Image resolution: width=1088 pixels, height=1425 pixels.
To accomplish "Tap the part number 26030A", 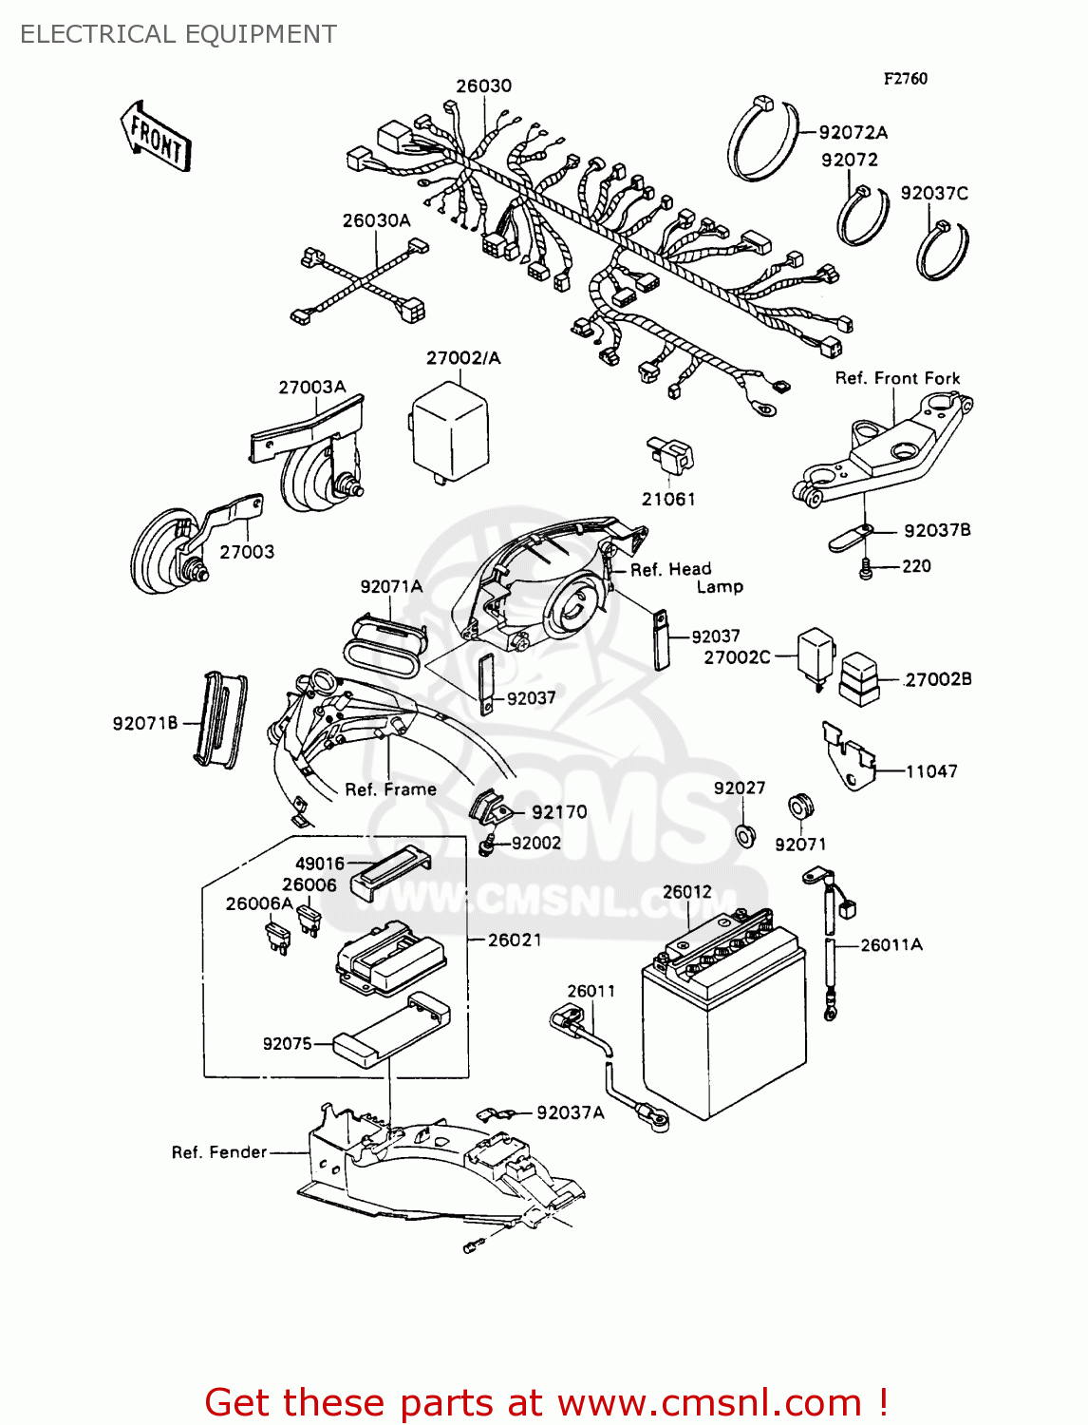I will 376,220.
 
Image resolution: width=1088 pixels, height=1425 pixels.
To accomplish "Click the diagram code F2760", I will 905,79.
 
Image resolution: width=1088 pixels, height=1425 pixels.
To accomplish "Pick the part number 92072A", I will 853,132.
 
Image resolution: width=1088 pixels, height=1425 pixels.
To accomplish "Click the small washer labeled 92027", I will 746,836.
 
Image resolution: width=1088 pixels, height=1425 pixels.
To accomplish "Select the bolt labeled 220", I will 865,569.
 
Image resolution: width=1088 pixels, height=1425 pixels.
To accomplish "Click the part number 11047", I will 930,771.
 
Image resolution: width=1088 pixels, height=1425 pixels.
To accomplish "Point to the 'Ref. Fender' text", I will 219,1152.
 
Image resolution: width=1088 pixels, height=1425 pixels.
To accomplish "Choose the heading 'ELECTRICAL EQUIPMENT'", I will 178,34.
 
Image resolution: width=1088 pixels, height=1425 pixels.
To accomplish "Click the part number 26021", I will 515,940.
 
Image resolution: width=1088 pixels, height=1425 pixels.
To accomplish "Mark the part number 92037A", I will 570,1112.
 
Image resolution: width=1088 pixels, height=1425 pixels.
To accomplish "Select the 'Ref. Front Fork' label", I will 897,378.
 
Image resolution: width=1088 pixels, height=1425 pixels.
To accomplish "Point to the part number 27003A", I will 311,387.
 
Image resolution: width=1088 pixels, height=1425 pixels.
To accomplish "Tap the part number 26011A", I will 891,944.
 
